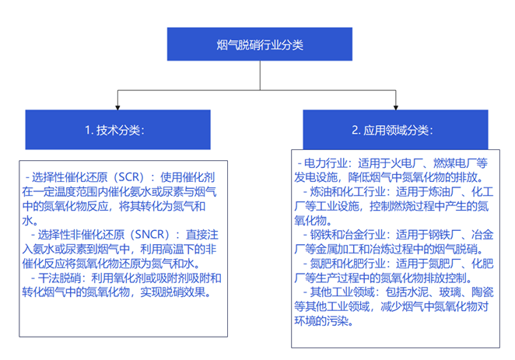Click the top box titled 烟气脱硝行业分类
click(260, 44)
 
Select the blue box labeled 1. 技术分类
click(118, 130)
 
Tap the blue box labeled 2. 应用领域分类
click(395, 130)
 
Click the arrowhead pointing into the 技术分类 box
click(117, 107)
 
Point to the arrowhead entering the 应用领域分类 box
click(396, 107)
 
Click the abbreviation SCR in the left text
click(131, 177)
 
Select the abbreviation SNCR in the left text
click(152, 235)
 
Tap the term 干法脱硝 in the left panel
click(59, 278)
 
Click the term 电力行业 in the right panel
click(325, 163)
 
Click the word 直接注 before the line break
click(202, 235)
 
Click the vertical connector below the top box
click(260, 75)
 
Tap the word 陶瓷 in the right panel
click(482, 292)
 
